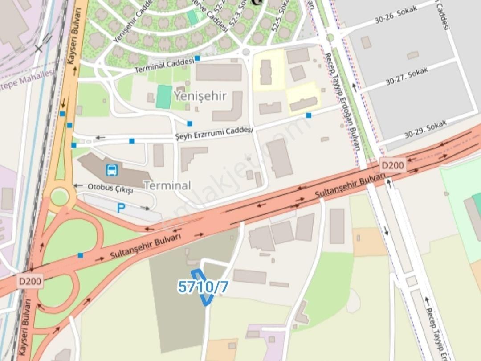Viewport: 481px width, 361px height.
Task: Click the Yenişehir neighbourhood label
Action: point(200,96)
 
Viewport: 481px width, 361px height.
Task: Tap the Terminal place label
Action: point(167,185)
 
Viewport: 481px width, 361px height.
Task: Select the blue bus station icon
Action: point(112,170)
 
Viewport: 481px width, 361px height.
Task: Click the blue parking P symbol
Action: point(121,208)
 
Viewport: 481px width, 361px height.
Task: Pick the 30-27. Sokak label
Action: point(407,76)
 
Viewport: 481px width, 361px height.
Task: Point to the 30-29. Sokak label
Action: point(425,129)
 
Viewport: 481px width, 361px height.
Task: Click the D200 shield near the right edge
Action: point(392,166)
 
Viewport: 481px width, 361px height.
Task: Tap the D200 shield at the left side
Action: point(30,281)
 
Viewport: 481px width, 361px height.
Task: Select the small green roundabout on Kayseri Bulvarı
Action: point(59,197)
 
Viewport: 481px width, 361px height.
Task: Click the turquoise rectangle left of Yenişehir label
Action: point(164,97)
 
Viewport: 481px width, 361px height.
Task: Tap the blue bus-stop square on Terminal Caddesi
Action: point(197,58)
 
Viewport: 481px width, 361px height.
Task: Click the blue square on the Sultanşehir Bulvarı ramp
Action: point(80,255)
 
